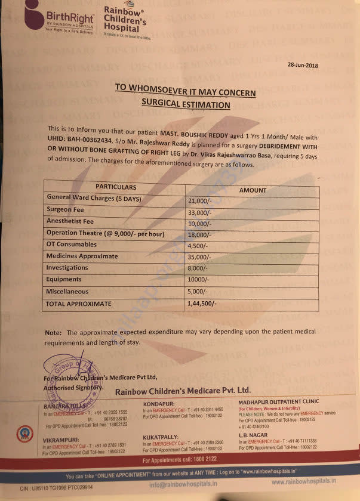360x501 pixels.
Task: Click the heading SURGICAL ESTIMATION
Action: tap(185, 104)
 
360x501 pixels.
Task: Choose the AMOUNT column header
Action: tap(253, 190)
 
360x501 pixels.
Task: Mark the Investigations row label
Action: tap(67, 268)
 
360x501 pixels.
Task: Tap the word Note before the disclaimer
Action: tap(53, 332)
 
